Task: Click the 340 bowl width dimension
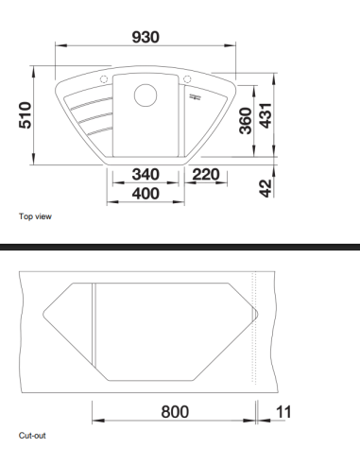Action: click(145, 175)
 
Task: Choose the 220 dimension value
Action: click(206, 175)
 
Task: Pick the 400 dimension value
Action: click(145, 194)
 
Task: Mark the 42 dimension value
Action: click(266, 187)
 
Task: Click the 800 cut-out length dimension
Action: click(174, 412)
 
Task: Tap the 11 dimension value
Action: click(284, 412)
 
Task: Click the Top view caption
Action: click(35, 216)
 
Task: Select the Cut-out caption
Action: click(32, 436)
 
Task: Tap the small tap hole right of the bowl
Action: click(188, 78)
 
